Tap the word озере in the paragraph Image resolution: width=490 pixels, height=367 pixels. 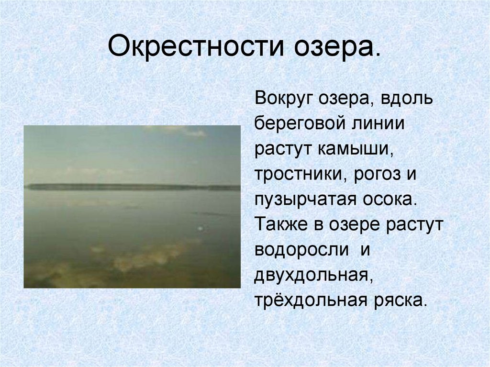(353, 225)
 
